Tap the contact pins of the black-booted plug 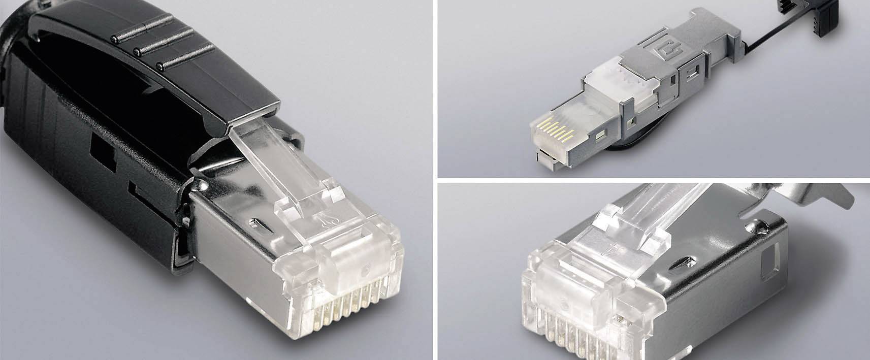point(345,294)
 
